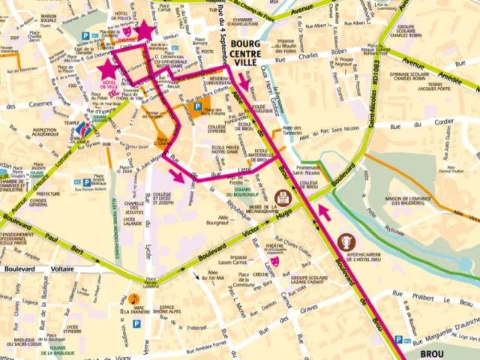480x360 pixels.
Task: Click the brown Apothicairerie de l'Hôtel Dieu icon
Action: tap(346, 241)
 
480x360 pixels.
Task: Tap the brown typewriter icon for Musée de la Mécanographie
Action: tap(283, 197)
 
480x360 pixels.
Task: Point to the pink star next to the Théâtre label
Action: tap(144, 31)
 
